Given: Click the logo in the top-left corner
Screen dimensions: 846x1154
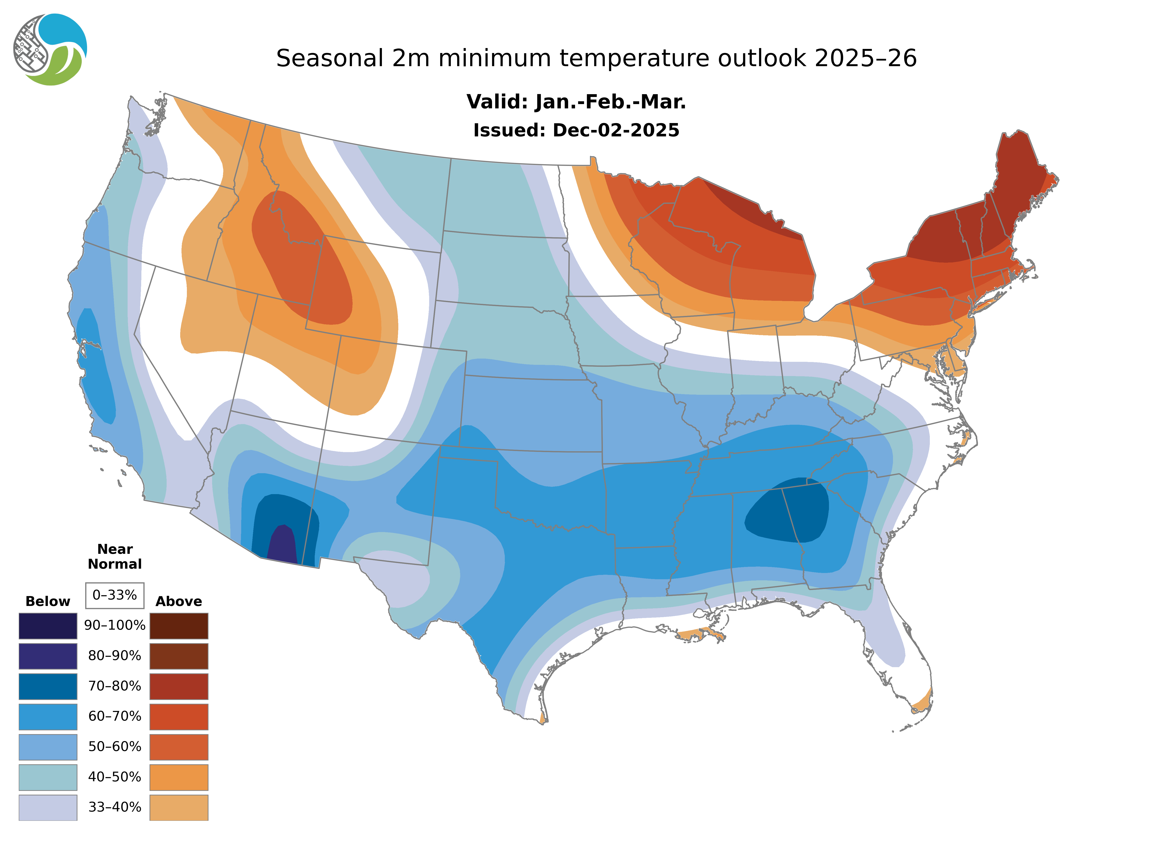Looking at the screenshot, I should pyautogui.click(x=50, y=50).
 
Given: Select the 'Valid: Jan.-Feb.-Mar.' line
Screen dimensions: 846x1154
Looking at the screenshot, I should pyautogui.click(x=576, y=102).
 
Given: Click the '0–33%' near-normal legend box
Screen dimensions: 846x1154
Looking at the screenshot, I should pyautogui.click(x=115, y=595).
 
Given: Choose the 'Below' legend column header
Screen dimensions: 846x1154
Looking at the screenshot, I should pyautogui.click(x=48, y=601).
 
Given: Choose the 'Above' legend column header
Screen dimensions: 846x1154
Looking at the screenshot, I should pyautogui.click(x=179, y=601).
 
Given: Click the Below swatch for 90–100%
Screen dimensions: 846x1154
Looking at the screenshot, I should pyautogui.click(x=48, y=626).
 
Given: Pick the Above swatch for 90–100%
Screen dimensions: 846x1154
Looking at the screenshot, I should pyautogui.click(x=179, y=626).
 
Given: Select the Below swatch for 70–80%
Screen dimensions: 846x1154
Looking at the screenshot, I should pyautogui.click(x=48, y=686).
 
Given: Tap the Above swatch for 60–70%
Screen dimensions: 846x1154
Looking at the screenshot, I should pyautogui.click(x=179, y=716).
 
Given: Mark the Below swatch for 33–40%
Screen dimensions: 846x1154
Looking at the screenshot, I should pyautogui.click(x=48, y=807).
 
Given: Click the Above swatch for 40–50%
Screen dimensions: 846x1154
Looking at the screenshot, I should pyautogui.click(x=179, y=777).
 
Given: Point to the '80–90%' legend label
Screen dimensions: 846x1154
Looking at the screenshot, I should pyautogui.click(x=115, y=656).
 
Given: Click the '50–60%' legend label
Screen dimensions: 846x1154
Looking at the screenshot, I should pyautogui.click(x=115, y=747).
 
